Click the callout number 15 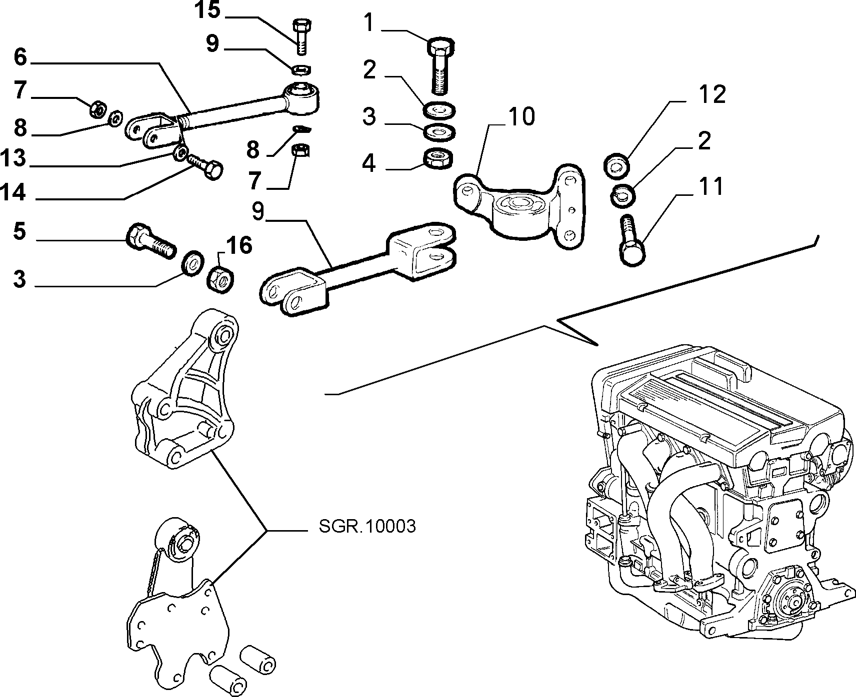[x=207, y=10]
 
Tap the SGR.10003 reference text [x=367, y=527]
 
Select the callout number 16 [x=238, y=246]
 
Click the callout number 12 [x=712, y=94]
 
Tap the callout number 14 [x=13, y=192]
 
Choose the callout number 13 [x=13, y=160]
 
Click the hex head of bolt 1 [x=440, y=47]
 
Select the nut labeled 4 [x=438, y=159]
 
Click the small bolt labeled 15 [x=300, y=36]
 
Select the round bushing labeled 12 [x=616, y=166]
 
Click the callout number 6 [x=20, y=57]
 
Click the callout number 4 [x=369, y=163]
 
